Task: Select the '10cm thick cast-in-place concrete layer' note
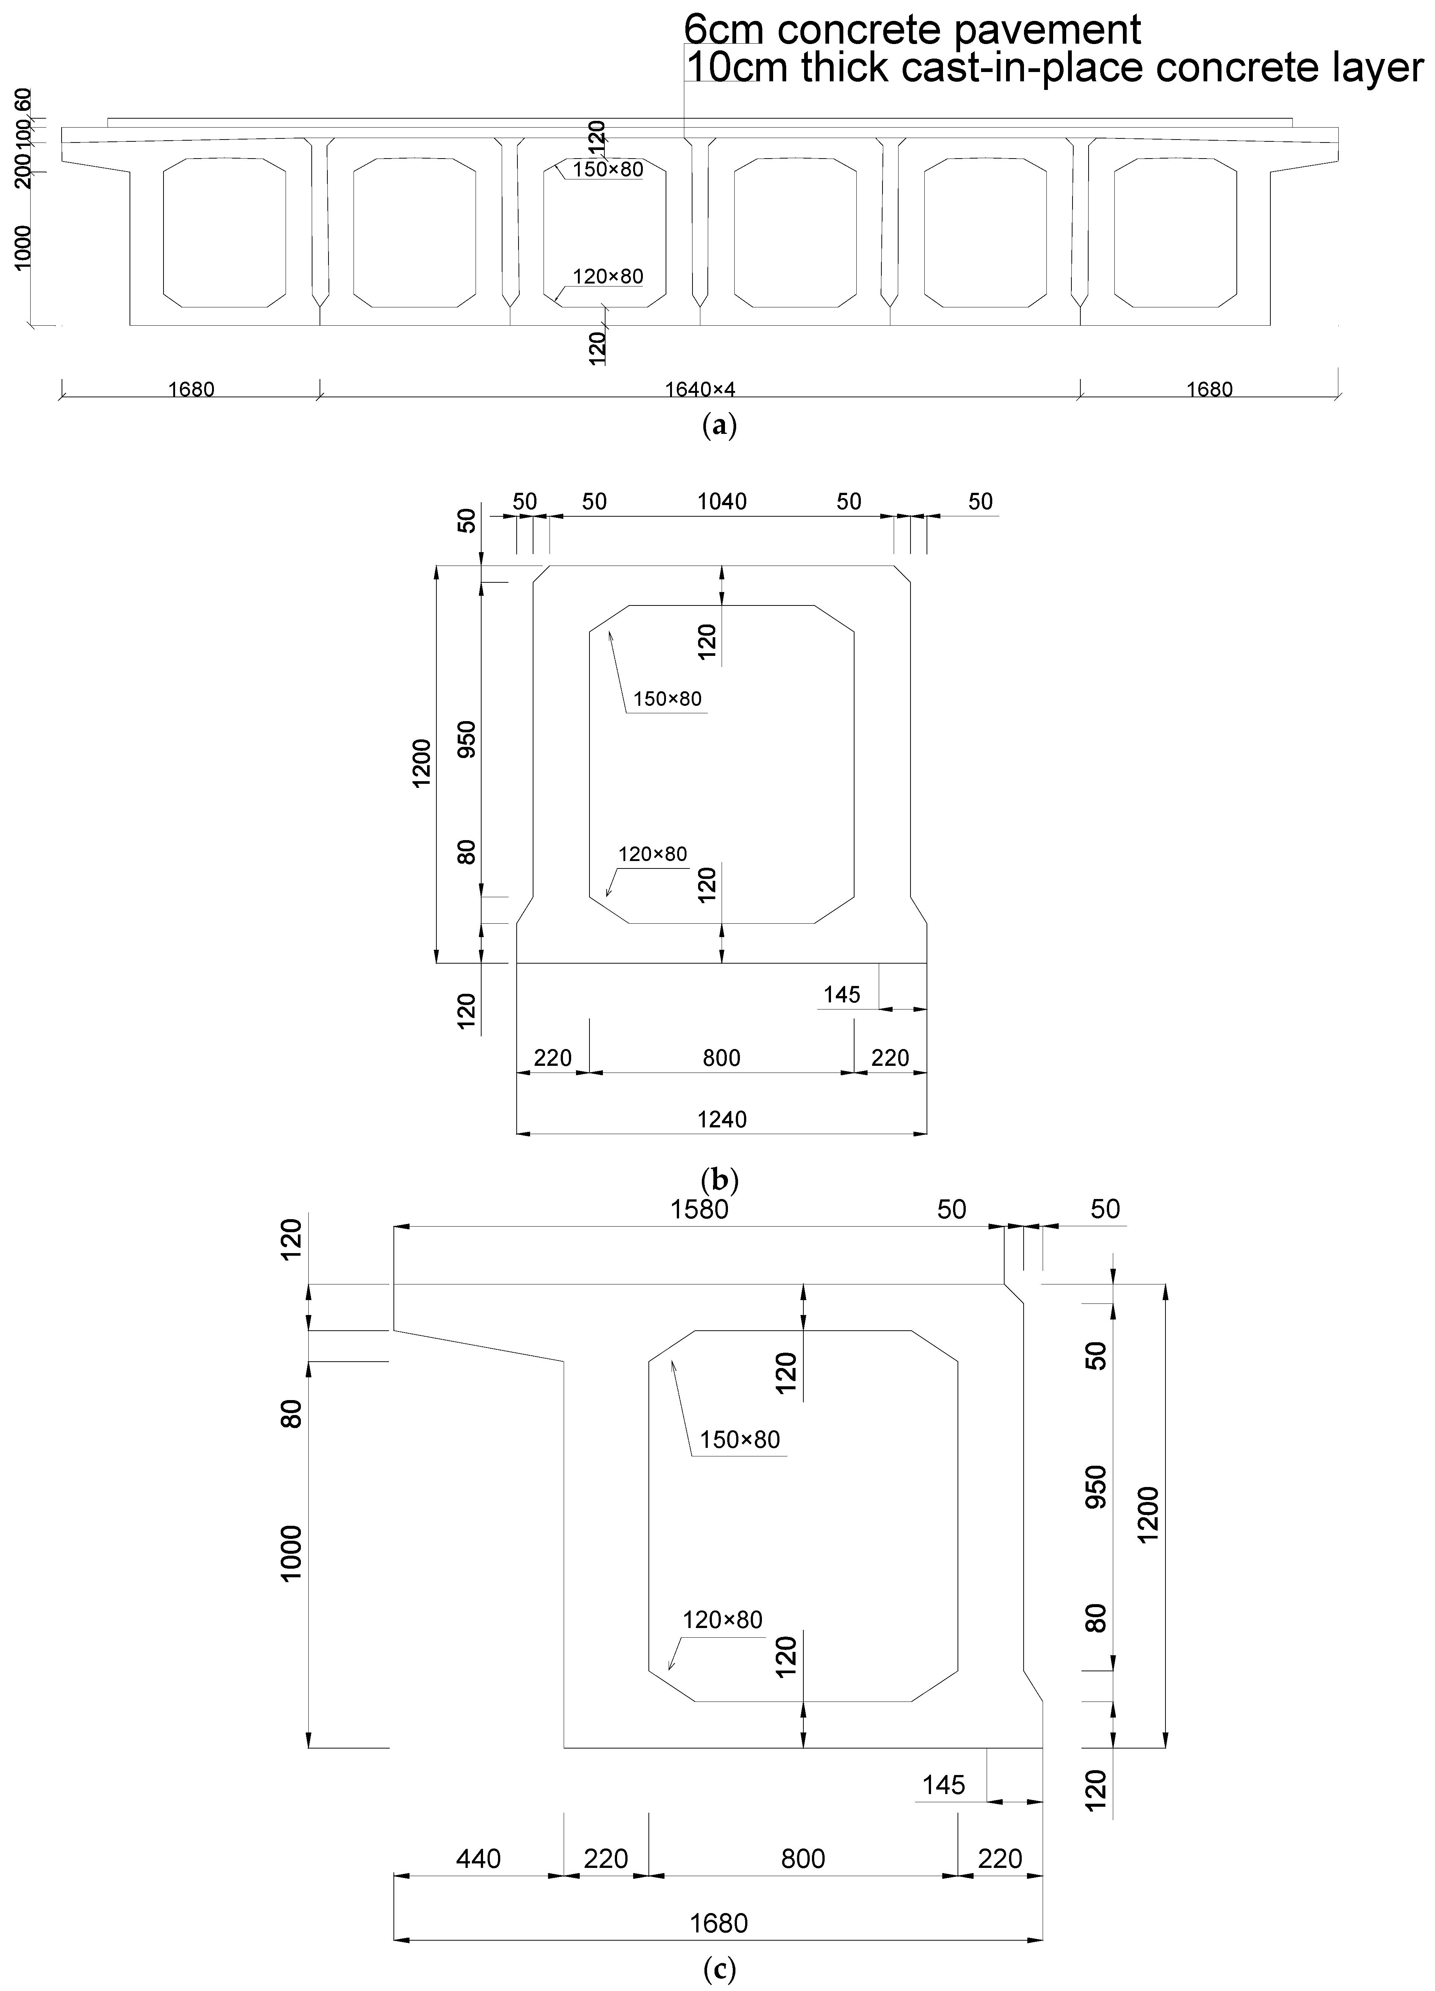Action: click(1054, 68)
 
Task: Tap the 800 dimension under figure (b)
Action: click(722, 1058)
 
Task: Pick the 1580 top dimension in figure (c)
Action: click(700, 1210)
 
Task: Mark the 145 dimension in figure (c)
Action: click(944, 1785)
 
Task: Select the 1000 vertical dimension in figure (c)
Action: click(292, 1552)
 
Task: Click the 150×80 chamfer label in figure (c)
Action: click(740, 1440)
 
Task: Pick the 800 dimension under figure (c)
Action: click(803, 1859)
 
